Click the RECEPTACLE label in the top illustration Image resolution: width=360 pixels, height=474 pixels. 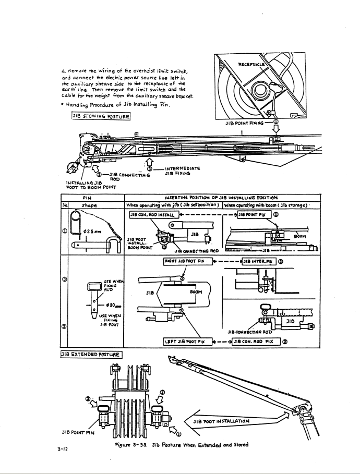(267, 66)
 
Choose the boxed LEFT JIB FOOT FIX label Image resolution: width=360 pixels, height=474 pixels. (182, 342)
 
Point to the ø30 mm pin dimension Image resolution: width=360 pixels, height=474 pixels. (104, 305)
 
